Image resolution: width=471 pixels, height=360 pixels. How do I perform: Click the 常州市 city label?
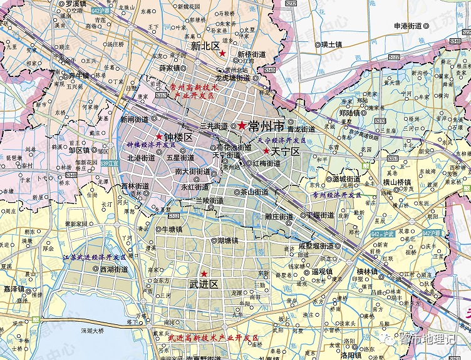263,125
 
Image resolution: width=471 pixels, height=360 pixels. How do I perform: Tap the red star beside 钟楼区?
159,136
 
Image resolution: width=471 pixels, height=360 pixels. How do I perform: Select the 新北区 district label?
205,46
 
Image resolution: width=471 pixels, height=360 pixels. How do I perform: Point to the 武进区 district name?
204,284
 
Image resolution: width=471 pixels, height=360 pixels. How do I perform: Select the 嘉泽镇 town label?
13,289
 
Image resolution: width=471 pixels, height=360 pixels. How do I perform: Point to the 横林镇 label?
367,271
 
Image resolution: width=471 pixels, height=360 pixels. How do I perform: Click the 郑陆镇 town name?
349,113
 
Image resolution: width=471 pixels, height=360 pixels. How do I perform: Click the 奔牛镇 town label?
80,75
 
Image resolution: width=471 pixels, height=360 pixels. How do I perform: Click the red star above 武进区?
204,274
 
